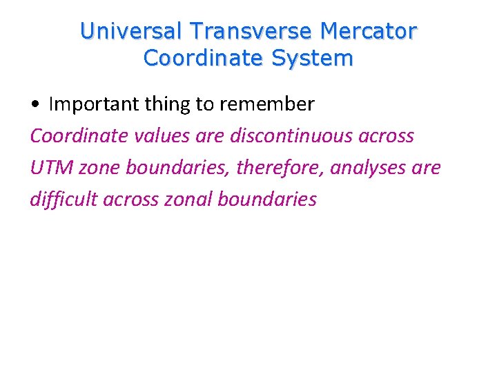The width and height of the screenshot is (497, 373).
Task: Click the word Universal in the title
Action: [131, 32]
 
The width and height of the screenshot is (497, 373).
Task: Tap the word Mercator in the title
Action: [374, 32]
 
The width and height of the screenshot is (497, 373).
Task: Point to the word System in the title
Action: [313, 59]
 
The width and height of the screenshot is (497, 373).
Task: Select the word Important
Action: [96, 104]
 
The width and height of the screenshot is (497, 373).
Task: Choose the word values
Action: [160, 135]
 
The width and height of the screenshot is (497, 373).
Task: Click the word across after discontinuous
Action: [386, 135]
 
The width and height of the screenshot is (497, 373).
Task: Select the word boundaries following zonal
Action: [267, 199]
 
